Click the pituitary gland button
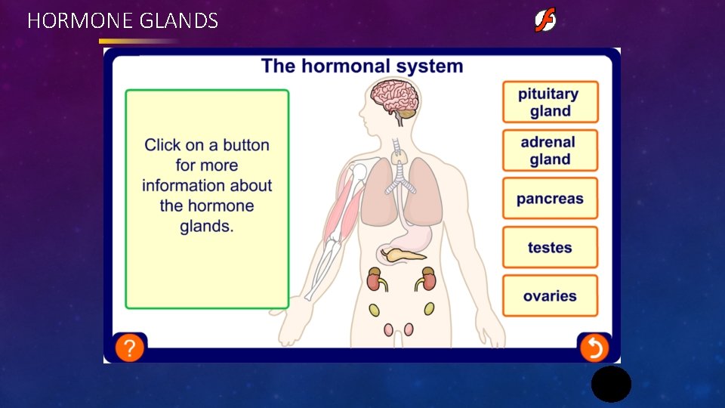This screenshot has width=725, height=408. tap(550, 102)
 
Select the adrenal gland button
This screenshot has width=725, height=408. tap(550, 150)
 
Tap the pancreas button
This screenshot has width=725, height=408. tap(550, 199)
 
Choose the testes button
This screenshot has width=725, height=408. tap(550, 247)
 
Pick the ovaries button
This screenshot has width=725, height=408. tap(550, 295)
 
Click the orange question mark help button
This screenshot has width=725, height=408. tap(130, 348)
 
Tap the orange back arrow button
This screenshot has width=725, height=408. tap(594, 348)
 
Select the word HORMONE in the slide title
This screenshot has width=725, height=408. tap(81, 20)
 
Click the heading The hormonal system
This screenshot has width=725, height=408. tap(362, 66)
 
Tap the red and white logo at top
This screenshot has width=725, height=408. tap(545, 20)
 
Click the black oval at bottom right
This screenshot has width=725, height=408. tap(611, 384)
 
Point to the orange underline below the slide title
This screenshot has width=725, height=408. tap(136, 41)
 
